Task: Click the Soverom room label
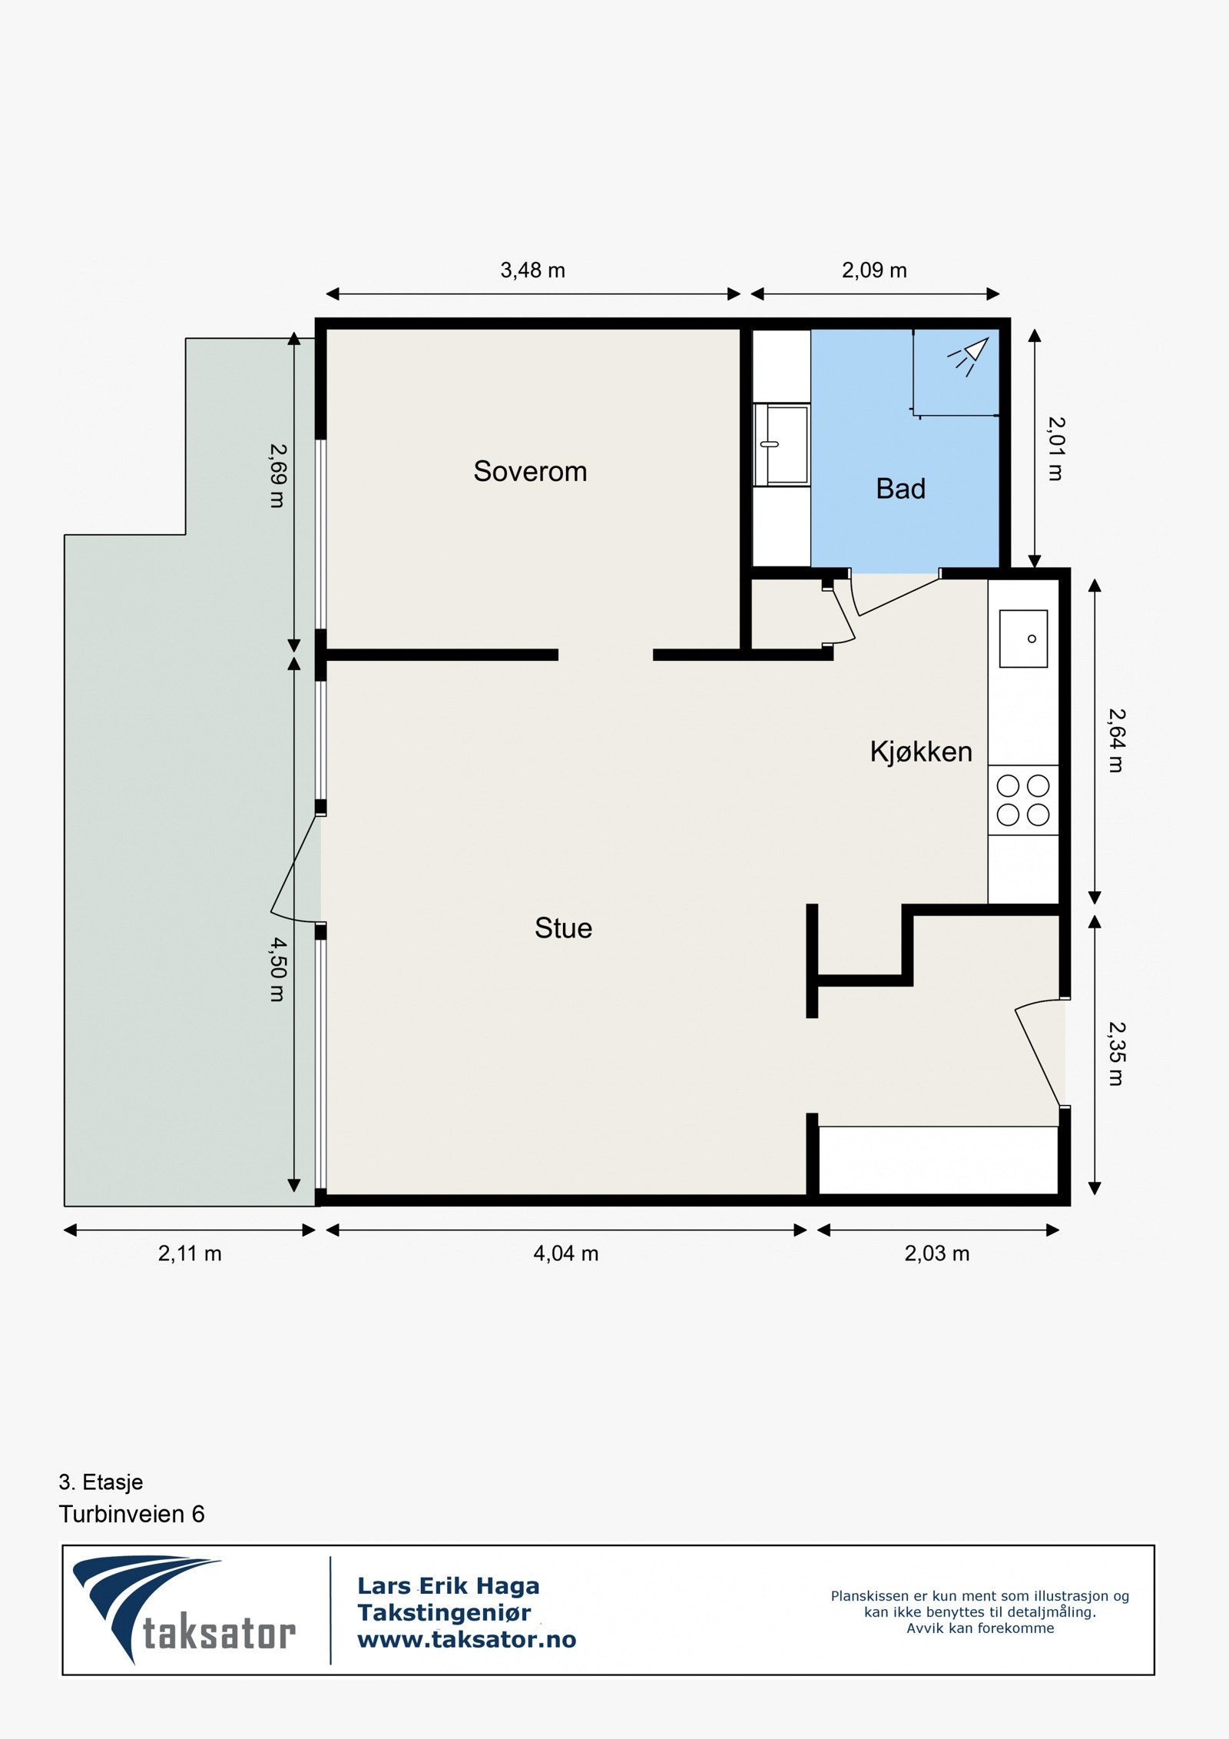pyautogui.click(x=530, y=471)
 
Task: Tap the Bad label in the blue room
pyautogui.click(x=900, y=489)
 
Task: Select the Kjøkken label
pyautogui.click(x=921, y=751)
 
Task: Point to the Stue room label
pyautogui.click(x=563, y=928)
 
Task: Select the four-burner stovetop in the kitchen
pyautogui.click(x=1023, y=800)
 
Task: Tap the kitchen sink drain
pyautogui.click(x=1032, y=639)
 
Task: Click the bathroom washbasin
pyautogui.click(x=782, y=445)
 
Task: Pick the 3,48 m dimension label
pyautogui.click(x=532, y=270)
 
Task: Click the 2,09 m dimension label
pyautogui.click(x=874, y=270)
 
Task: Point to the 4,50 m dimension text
pyautogui.click(x=277, y=969)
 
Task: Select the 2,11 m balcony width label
pyautogui.click(x=190, y=1253)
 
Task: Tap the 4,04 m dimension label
pyautogui.click(x=565, y=1253)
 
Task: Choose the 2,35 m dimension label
pyautogui.click(x=1116, y=1054)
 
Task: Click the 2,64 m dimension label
pyautogui.click(x=1116, y=740)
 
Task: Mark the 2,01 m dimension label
pyautogui.click(x=1056, y=449)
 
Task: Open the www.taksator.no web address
pyautogui.click(x=466, y=1640)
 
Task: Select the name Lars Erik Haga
pyautogui.click(x=449, y=1585)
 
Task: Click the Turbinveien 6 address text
pyautogui.click(x=131, y=1514)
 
